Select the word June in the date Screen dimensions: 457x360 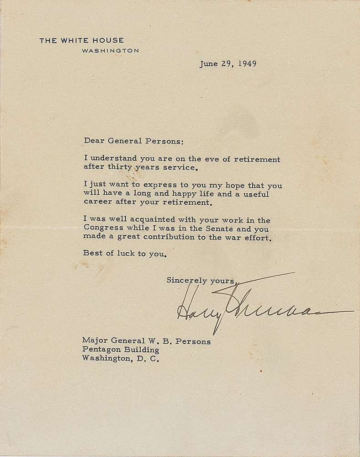point(208,64)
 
